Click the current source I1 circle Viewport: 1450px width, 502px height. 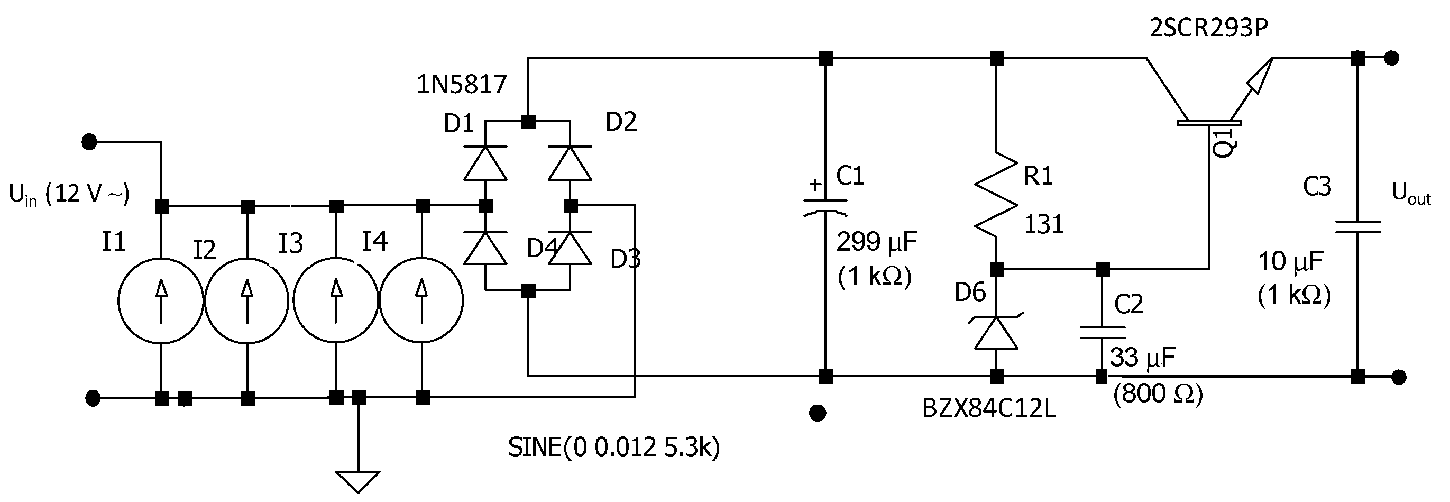pyautogui.click(x=160, y=300)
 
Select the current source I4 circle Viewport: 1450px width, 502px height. pyautogui.click(x=421, y=300)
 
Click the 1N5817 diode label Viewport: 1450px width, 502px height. pyautogui.click(x=461, y=85)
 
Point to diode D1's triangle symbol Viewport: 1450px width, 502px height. pyautogui.click(x=485, y=164)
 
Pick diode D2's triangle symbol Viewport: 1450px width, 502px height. pyautogui.click(x=570, y=164)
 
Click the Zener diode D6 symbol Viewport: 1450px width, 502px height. pyautogui.click(x=996, y=333)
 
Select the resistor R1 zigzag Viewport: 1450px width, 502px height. pyautogui.click(x=996, y=194)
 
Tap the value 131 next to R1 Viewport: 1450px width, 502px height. pyautogui.click(x=1043, y=224)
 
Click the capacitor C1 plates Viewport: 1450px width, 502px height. pyautogui.click(x=825, y=206)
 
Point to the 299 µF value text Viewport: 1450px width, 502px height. pyautogui.click(x=876, y=242)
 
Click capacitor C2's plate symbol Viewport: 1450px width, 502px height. pyautogui.click(x=1102, y=333)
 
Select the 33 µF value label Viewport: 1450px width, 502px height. pyautogui.click(x=1143, y=358)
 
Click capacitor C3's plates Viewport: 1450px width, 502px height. pyautogui.click(x=1357, y=227)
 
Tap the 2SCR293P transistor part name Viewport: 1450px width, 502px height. pyautogui.click(x=1208, y=28)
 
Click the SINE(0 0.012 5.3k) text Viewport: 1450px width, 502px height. pyautogui.click(x=613, y=448)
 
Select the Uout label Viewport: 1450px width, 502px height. pyautogui.click(x=1410, y=194)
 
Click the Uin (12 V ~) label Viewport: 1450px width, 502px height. pyautogui.click(x=69, y=194)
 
